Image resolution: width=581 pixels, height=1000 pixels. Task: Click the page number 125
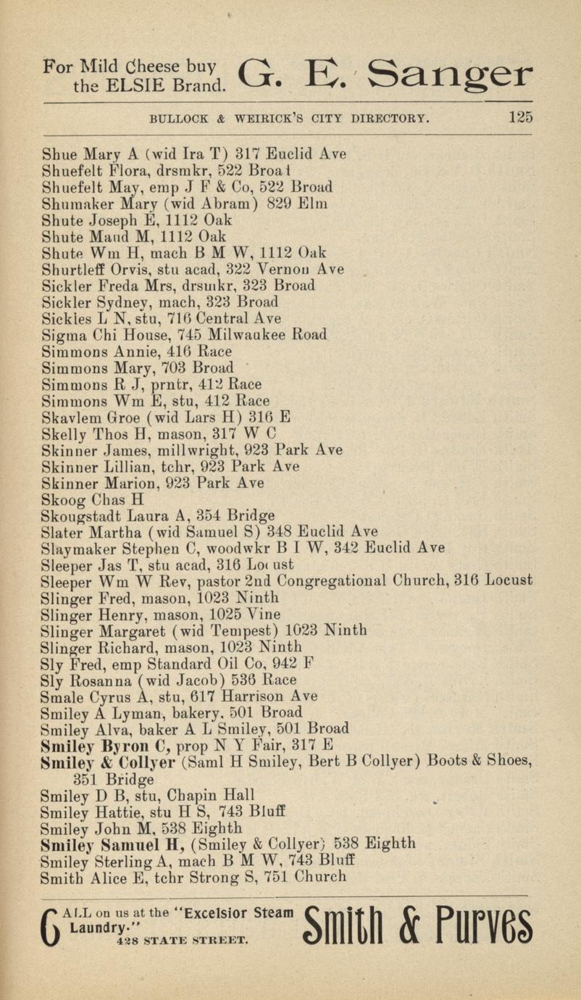tap(521, 117)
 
